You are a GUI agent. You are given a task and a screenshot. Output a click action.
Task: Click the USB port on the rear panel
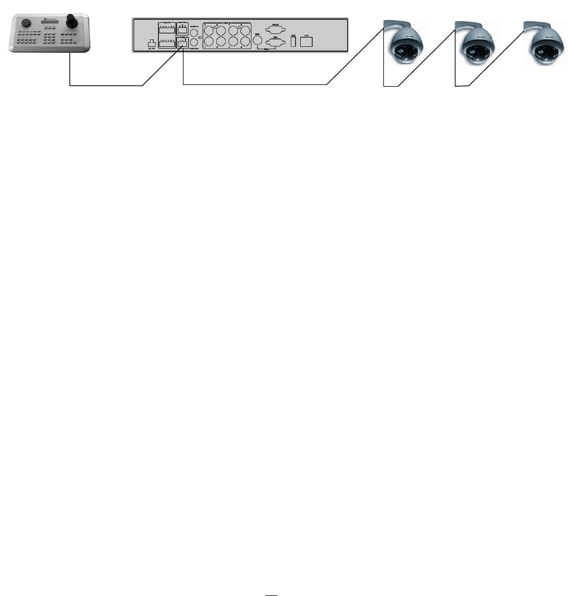pyautogui.click(x=293, y=42)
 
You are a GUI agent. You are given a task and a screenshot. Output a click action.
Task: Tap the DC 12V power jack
pyautogui.click(x=151, y=43)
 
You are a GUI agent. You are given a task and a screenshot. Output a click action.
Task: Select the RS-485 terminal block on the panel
pyautogui.click(x=182, y=43)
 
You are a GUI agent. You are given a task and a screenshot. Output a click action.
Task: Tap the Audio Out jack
pyautogui.click(x=194, y=43)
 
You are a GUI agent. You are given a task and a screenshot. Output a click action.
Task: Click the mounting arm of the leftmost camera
pyautogui.click(x=393, y=25)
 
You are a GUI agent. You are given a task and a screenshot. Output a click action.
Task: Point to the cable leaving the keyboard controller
pyautogui.click(x=70, y=70)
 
